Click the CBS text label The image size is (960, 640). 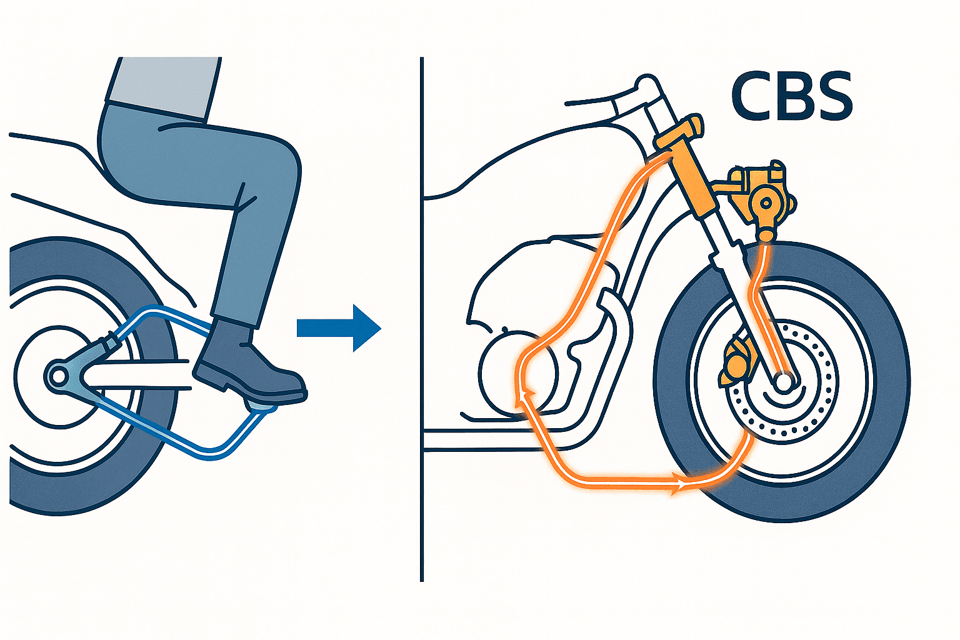[x=792, y=97]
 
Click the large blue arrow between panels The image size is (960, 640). [x=339, y=328]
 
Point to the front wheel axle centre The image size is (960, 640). [x=784, y=381]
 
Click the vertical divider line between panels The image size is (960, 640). [x=422, y=319]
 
